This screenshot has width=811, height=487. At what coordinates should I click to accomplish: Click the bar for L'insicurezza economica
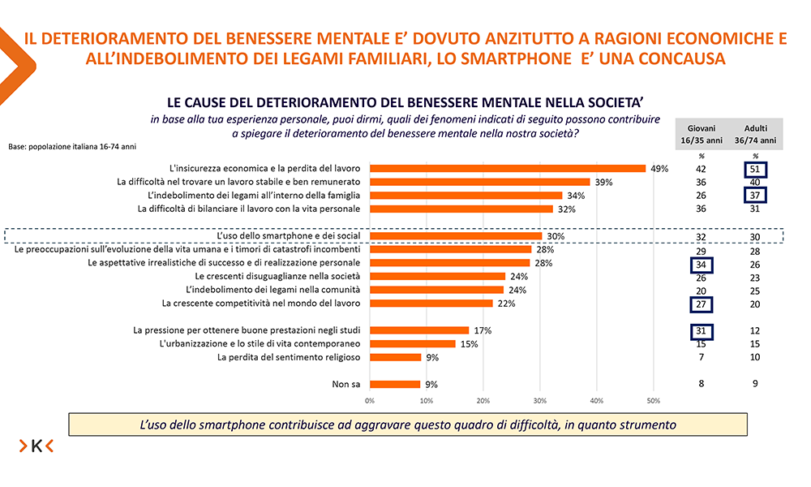(508, 169)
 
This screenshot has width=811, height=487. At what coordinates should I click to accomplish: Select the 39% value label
(603, 182)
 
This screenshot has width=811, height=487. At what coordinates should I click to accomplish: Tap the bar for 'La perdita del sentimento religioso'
(396, 357)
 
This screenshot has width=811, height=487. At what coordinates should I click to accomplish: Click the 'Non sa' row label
(348, 385)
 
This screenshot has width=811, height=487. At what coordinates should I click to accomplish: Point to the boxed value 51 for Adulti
(754, 169)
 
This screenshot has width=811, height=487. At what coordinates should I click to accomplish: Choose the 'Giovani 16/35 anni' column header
(702, 134)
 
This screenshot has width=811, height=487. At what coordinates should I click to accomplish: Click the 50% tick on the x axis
(654, 400)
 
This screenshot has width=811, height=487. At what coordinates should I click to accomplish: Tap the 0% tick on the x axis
(370, 400)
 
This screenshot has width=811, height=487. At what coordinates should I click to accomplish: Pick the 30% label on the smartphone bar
(555, 236)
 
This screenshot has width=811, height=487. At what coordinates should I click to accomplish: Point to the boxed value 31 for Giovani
(702, 330)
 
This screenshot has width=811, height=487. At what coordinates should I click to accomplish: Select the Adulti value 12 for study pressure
(754, 330)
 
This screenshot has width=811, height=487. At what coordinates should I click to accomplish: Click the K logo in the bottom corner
(36, 445)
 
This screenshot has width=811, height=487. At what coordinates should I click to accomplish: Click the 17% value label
(482, 330)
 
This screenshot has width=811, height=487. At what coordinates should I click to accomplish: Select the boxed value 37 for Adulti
(754, 196)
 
